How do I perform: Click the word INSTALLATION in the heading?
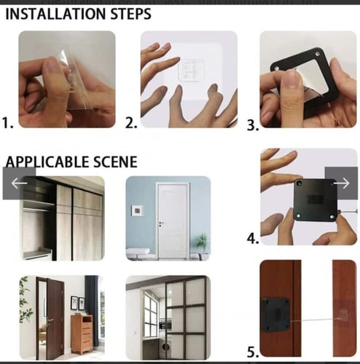point(55,14)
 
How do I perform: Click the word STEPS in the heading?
point(131,14)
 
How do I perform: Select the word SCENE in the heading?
point(115,162)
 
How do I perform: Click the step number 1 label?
point(7,122)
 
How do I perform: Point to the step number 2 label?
point(131,122)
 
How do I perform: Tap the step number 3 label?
point(253,125)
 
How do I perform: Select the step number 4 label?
point(253,238)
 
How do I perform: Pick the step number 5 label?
point(253,352)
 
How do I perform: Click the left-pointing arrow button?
point(19,183)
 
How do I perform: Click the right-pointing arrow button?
point(341,183)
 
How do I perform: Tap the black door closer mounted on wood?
point(275,315)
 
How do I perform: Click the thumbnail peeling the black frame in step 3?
point(308,79)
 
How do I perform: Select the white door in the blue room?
point(173,221)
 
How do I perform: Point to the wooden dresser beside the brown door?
point(82,334)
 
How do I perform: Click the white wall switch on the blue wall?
point(137,211)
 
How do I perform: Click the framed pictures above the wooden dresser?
point(78,303)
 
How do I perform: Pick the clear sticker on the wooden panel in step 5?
point(344,316)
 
